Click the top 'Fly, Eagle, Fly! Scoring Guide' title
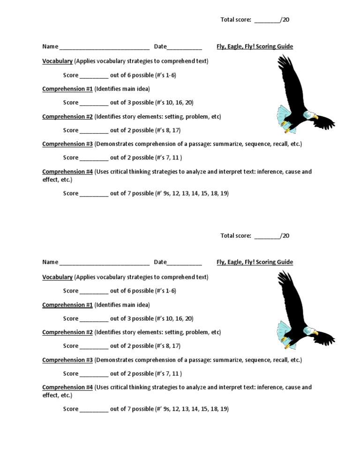255,46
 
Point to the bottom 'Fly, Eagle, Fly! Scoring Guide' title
255,262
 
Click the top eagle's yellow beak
315,117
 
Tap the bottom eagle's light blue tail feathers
285,334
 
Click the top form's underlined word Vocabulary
57,61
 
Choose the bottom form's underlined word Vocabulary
57,277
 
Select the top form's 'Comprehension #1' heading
67,89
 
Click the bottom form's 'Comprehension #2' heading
67,332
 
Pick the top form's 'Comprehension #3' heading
67,144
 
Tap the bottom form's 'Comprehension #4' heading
67,387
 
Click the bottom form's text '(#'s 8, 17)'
168,346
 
